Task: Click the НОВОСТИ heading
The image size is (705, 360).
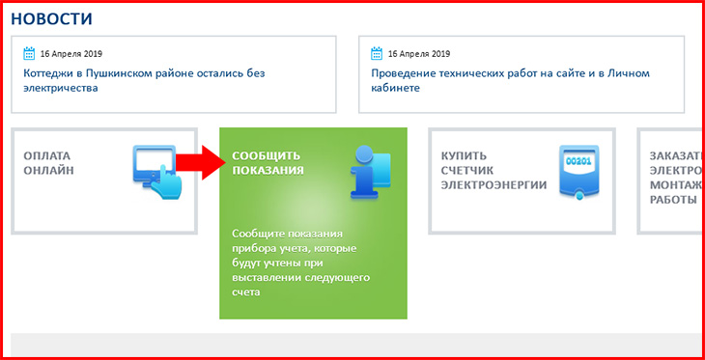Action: (52, 19)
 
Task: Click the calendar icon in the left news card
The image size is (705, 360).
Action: (29, 53)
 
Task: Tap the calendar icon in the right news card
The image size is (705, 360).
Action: (377, 53)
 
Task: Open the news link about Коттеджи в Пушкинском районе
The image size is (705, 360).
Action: (144, 80)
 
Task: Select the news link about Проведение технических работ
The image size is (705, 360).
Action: (510, 80)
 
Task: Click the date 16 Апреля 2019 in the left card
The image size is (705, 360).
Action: (71, 54)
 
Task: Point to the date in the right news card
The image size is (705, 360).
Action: (419, 54)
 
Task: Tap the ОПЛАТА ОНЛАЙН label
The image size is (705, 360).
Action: (48, 163)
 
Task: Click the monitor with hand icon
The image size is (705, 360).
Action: (156, 172)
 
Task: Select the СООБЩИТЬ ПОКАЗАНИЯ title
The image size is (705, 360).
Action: (268, 163)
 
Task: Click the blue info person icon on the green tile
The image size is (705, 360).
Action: (371, 172)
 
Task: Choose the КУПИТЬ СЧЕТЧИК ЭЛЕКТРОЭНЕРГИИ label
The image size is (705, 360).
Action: (493, 170)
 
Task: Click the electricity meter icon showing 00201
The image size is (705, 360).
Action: (579, 172)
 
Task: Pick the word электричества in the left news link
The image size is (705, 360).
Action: (61, 88)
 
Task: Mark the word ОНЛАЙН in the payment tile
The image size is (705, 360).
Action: (48, 171)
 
